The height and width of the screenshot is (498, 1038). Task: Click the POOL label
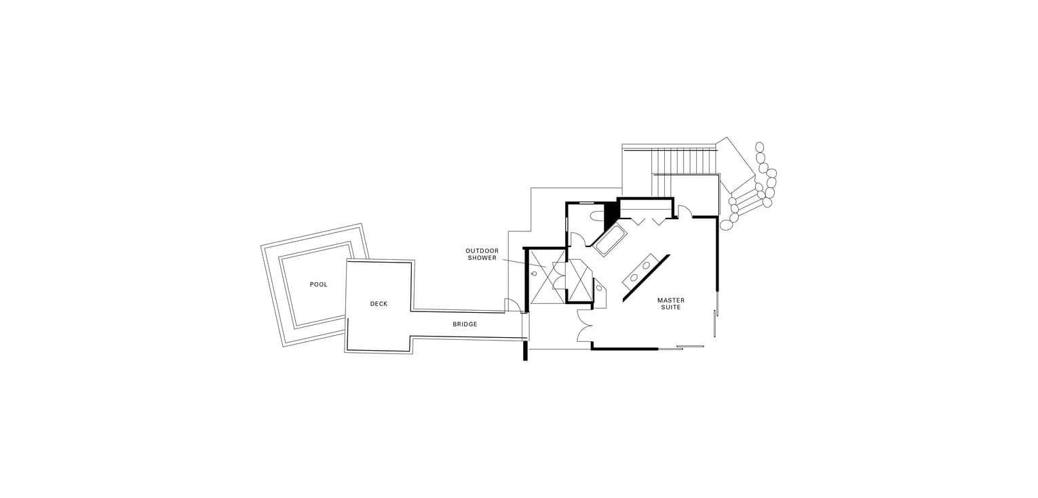click(318, 284)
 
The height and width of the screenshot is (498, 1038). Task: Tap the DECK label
click(379, 304)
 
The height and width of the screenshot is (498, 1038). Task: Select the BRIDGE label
click(465, 324)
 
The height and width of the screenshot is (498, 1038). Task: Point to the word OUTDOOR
click(482, 251)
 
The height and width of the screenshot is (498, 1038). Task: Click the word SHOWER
click(482, 258)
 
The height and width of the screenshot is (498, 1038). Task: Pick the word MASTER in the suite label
click(670, 300)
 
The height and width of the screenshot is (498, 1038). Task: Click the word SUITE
click(670, 307)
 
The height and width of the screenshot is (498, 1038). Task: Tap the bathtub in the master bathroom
click(610, 239)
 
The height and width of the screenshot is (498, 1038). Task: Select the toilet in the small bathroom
click(598, 215)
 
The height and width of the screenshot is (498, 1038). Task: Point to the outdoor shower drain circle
click(534, 273)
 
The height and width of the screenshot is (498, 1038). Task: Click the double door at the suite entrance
click(585, 326)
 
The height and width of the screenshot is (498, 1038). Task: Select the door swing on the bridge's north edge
click(512, 305)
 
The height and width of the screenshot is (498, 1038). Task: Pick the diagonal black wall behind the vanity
click(646, 278)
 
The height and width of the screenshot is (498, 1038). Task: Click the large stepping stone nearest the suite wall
click(726, 225)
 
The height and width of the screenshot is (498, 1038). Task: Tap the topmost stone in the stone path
click(759, 147)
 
